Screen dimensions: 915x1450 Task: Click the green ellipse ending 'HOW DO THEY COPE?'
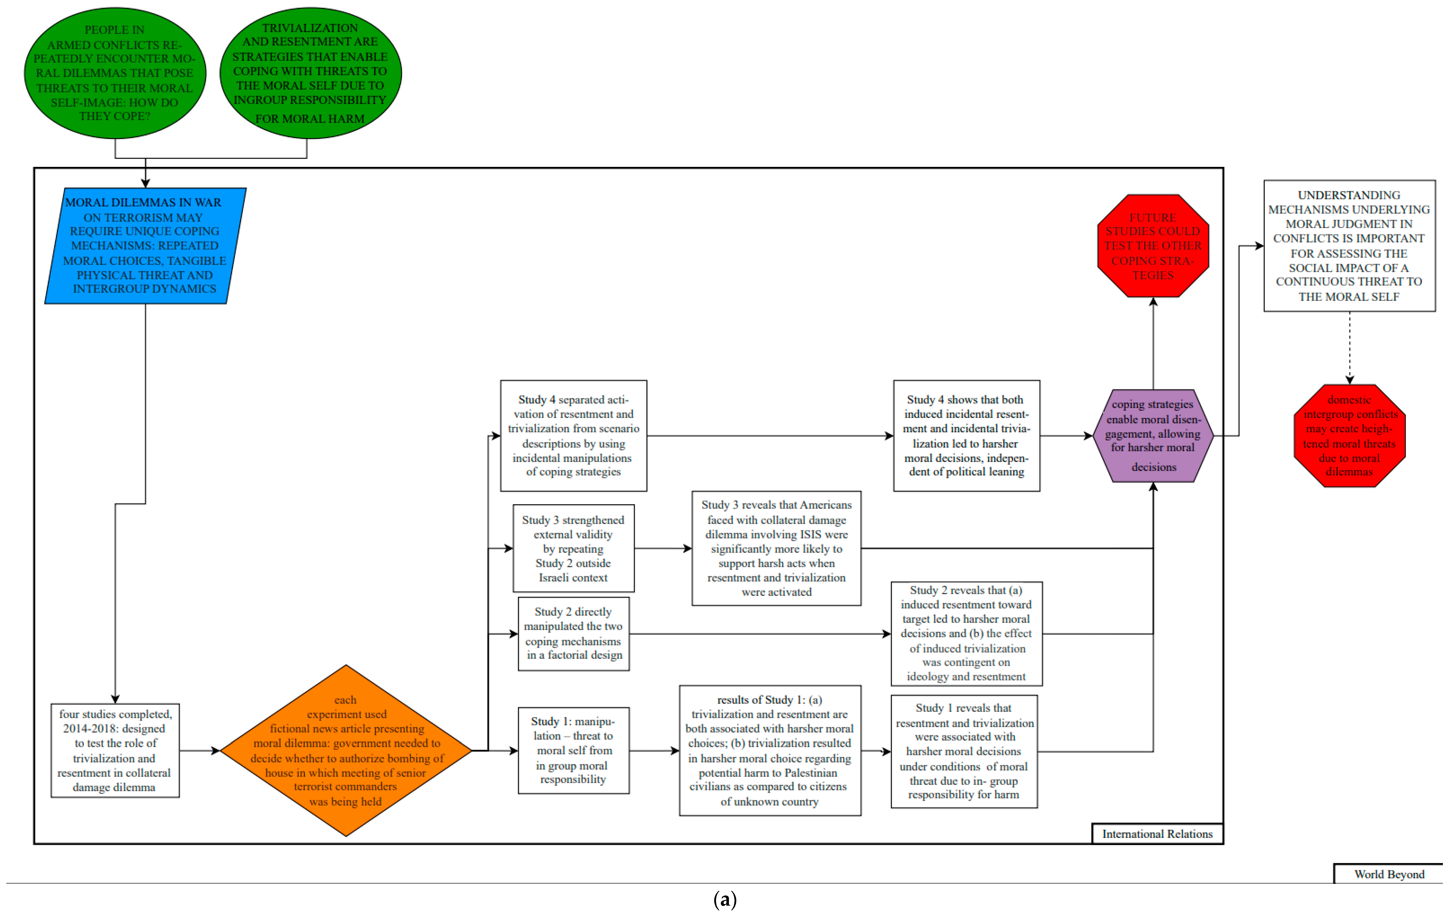tap(115, 73)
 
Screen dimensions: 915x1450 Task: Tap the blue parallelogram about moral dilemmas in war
tap(145, 246)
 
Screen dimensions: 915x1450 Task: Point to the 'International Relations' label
tap(1157, 834)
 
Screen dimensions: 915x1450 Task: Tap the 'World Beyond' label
tap(1388, 874)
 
